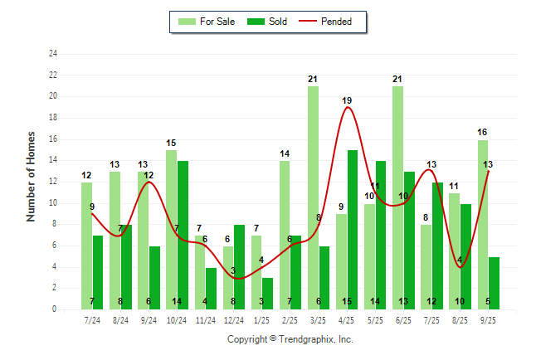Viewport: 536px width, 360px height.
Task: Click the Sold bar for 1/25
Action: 267,294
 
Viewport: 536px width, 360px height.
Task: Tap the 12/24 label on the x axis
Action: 233,320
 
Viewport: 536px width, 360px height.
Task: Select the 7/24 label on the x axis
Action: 92,320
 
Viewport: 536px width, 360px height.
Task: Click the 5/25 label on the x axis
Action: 375,320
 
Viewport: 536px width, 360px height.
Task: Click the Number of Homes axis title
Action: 32,176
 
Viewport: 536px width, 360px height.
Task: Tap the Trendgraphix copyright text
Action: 290,339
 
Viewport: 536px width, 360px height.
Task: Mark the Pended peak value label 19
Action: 347,100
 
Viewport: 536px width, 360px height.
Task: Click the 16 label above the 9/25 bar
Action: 482,132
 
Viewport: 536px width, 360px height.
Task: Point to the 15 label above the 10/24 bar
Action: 171,143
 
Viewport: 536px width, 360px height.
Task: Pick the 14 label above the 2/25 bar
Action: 285,153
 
